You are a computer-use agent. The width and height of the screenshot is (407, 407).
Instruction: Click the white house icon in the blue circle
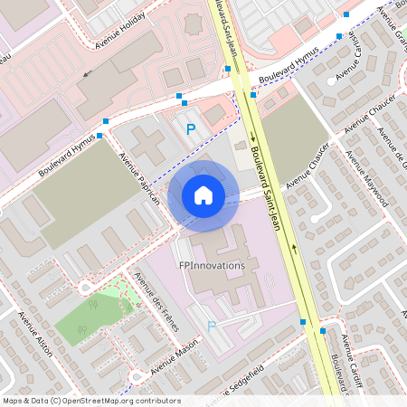click(x=203, y=194)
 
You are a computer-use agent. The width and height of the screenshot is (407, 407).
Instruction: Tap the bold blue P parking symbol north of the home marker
click(x=190, y=129)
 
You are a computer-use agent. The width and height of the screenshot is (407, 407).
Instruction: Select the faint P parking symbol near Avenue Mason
click(x=213, y=326)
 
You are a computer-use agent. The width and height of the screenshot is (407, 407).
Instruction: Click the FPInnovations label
click(x=212, y=266)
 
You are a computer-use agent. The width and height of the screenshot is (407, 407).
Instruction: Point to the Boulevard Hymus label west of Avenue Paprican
click(x=66, y=156)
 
